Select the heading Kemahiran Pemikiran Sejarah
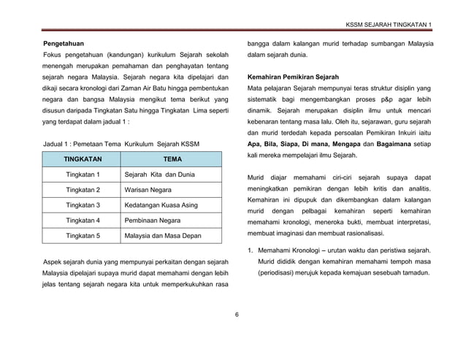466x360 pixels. (x=293, y=76)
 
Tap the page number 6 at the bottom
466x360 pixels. (x=237, y=315)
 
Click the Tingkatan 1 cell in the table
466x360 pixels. (x=83, y=175)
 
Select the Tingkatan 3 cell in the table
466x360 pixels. (x=83, y=205)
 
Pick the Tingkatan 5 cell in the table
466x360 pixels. (x=83, y=236)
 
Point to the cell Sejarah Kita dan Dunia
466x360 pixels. (x=160, y=175)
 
